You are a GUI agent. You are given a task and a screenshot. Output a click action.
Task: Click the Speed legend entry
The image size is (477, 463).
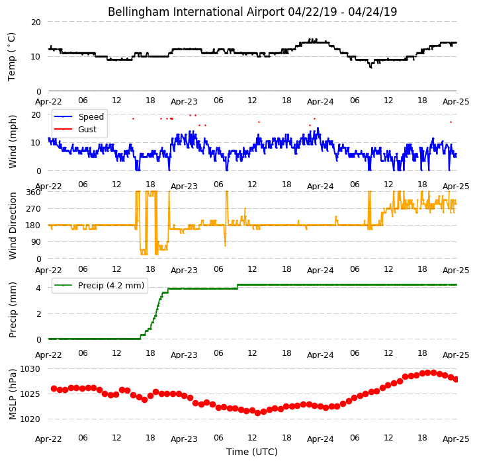[79, 117]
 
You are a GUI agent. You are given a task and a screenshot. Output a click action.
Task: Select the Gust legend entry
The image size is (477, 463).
[75, 129]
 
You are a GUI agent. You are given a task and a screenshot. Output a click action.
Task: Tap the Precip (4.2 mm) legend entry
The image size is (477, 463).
[99, 285]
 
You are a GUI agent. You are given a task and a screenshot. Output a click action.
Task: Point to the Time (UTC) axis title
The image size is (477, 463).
[252, 452]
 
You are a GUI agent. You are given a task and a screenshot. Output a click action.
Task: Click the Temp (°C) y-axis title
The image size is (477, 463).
[11, 57]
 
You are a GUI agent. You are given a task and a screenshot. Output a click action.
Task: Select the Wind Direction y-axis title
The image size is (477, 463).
[13, 226]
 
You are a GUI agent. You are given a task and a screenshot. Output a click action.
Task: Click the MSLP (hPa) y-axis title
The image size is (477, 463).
[13, 394]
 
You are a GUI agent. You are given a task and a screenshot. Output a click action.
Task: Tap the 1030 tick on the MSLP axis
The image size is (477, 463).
[30, 369]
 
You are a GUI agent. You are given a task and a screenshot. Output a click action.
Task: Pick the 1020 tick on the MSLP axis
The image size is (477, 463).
[30, 419]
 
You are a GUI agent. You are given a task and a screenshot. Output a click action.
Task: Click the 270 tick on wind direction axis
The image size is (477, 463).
[34, 209]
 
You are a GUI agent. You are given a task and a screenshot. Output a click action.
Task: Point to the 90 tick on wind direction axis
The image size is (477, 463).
[36, 242]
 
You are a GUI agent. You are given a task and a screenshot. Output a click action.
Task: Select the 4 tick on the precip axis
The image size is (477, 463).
[38, 288]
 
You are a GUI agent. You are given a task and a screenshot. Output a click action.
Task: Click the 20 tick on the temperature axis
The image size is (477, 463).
[36, 22]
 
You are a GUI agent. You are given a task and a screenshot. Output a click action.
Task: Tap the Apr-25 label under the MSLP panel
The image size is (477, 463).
[456, 439]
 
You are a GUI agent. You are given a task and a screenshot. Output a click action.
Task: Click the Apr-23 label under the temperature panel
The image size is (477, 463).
[184, 101]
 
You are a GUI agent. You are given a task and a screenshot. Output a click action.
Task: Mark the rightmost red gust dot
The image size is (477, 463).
[451, 122]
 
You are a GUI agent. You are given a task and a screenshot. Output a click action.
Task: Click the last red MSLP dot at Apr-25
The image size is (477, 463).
[456, 380]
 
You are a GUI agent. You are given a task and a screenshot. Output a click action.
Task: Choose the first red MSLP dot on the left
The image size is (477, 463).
[54, 388]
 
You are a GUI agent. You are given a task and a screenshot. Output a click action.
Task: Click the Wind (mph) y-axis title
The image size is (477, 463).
[13, 142]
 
